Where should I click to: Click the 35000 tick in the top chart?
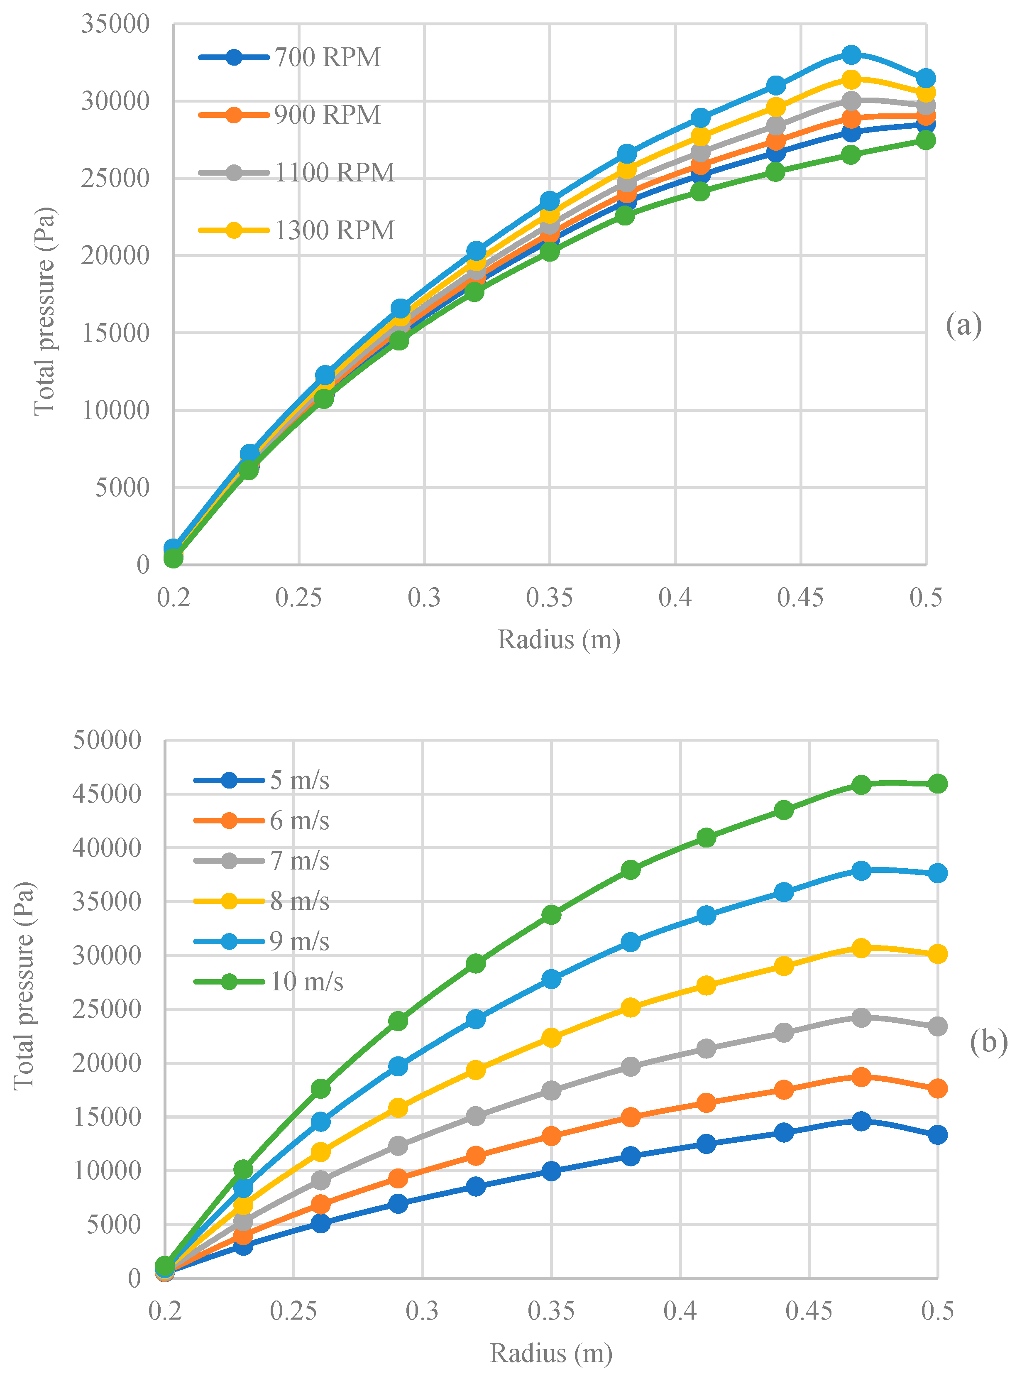[x=115, y=25]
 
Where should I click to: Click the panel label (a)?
[x=963, y=326]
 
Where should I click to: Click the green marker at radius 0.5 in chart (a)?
[x=926, y=140]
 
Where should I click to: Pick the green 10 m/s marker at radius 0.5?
[x=937, y=784]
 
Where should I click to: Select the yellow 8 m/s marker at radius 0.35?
[x=551, y=1038]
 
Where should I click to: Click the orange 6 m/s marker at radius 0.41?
[x=706, y=1102]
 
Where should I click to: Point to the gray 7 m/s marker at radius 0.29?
[x=399, y=1145]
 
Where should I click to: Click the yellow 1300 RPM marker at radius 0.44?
[x=776, y=107]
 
